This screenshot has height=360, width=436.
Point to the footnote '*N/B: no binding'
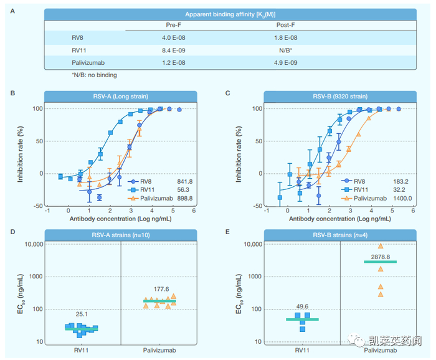pyautogui.click(x=93, y=75)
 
